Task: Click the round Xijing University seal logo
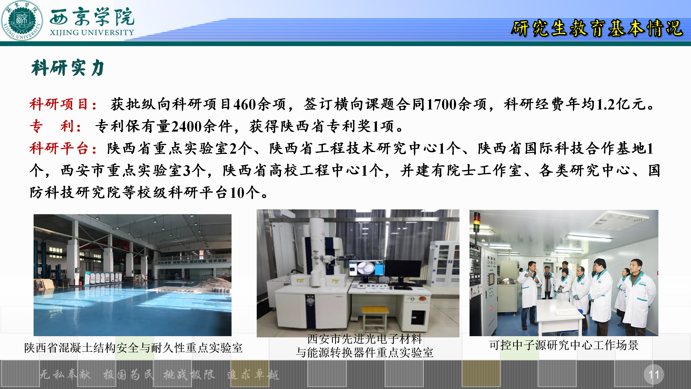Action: click(22, 21)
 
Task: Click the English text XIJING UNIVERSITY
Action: click(92, 32)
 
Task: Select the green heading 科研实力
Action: click(68, 68)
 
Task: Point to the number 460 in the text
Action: click(245, 104)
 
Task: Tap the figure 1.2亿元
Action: click(620, 104)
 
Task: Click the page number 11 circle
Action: click(654, 374)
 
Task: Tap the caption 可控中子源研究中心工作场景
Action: click(564, 345)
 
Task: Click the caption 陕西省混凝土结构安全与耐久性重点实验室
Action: click(133, 348)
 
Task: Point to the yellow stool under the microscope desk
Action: click(375, 319)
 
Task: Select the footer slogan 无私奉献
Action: click(65, 375)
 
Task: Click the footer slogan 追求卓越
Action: click(253, 375)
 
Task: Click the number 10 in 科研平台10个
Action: click(237, 193)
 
